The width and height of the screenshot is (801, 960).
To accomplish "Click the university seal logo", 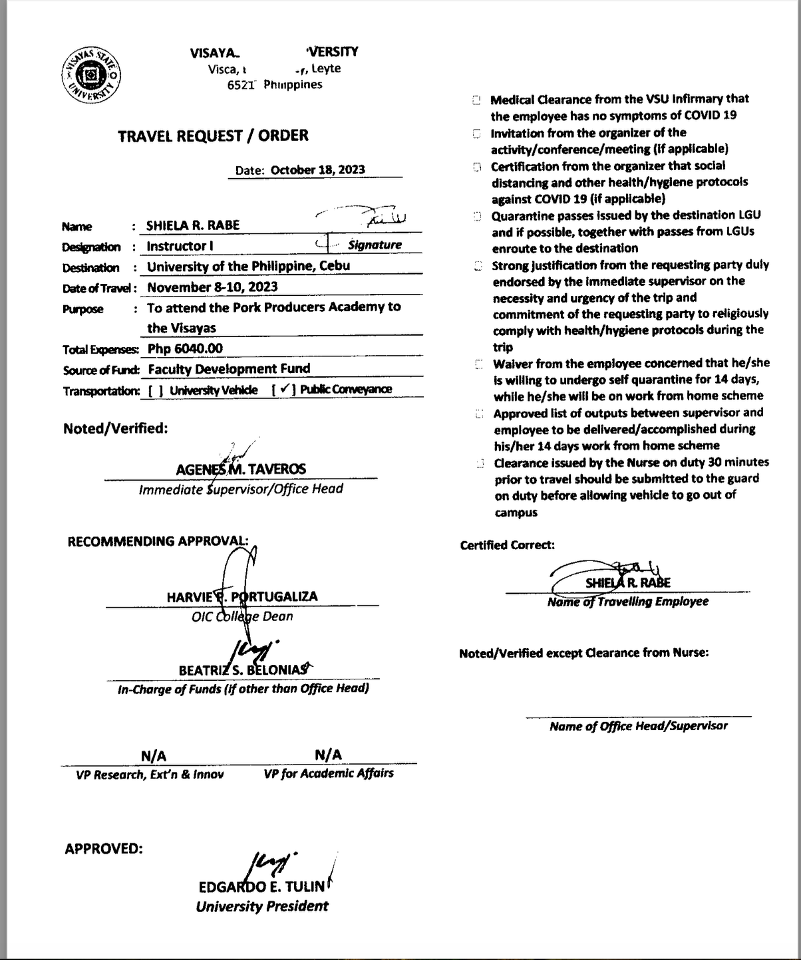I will click(92, 75).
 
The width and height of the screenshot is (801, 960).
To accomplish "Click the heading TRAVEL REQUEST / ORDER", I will click(213, 136).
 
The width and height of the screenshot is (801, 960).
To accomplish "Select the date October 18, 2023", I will click(317, 170).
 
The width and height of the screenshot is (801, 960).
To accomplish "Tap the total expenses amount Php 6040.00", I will click(185, 348).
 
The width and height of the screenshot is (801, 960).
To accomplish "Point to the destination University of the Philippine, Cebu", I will click(248, 266).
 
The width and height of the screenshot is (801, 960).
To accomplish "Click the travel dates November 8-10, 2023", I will click(212, 287).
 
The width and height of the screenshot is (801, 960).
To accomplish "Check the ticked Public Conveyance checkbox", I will click(284, 390).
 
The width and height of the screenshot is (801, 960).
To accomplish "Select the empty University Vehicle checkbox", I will click(156, 391).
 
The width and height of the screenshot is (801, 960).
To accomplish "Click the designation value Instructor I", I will click(180, 246).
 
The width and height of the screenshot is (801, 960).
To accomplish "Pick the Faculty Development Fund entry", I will click(229, 369).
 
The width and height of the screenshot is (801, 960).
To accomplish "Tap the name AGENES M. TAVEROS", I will click(241, 469).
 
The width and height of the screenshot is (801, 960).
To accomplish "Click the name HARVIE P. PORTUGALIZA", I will click(242, 596).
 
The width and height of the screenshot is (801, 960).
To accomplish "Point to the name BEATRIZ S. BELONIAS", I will click(243, 670).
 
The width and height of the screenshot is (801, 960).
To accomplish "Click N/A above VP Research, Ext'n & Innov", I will click(154, 756).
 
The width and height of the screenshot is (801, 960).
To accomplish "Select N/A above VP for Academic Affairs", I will click(328, 755).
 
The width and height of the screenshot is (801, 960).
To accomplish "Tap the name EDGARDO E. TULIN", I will click(261, 887).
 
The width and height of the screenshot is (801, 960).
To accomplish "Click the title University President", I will click(262, 906).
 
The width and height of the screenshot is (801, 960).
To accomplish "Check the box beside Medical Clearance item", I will click(476, 100).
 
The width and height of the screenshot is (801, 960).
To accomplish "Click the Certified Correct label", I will click(507, 545).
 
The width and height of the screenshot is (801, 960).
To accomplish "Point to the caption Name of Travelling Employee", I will click(627, 602).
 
